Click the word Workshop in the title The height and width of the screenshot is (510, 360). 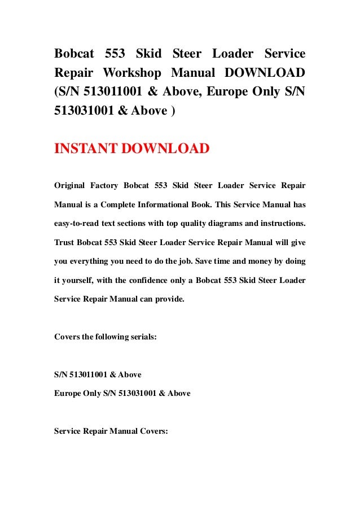pyautogui.click(x=134, y=73)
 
